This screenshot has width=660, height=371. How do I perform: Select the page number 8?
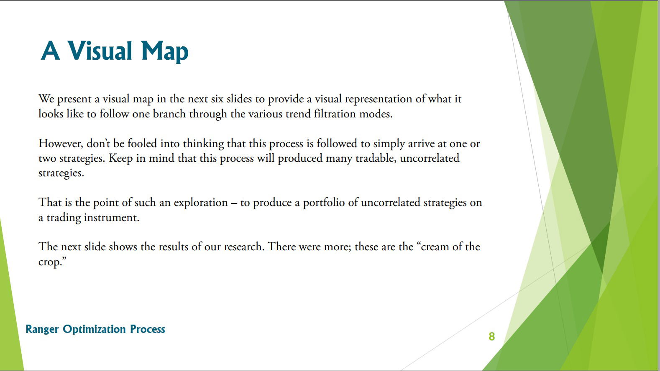coord(492,336)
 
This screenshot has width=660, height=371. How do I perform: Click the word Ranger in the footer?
coord(42,329)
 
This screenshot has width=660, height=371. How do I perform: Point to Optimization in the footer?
coord(94,329)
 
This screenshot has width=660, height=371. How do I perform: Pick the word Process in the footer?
coord(147,329)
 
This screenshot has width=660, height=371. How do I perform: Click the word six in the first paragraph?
coord(217,99)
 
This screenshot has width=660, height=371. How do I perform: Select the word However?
coord(61,144)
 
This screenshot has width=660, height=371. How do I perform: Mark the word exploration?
coord(201,203)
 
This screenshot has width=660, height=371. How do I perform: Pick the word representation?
coord(379,99)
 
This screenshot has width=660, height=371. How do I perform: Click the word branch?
coord(169,114)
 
